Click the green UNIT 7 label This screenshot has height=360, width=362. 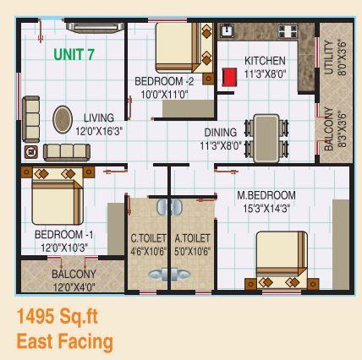tap(74, 55)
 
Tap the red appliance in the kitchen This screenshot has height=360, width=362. tap(228, 78)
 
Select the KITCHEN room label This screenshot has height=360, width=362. tap(265, 61)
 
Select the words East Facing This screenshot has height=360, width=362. tap(63, 342)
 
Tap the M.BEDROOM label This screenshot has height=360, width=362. tap(266, 195)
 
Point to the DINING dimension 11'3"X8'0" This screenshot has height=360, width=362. tap(222, 145)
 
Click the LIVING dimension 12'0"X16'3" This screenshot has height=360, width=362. tap(99, 131)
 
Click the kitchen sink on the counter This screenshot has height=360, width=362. tap(228, 31)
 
